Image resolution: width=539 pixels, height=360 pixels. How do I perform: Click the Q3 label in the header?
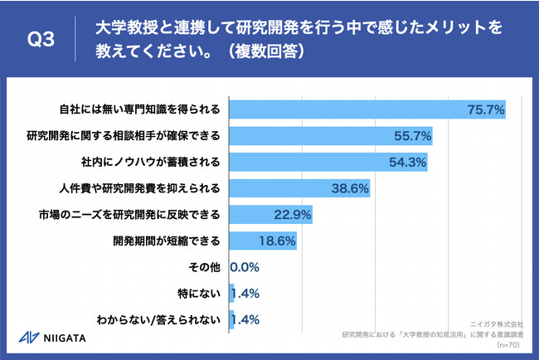pyautogui.click(x=41, y=39)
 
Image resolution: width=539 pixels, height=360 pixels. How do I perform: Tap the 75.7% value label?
pyautogui.click(x=485, y=109)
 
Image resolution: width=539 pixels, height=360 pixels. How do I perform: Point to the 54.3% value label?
pyautogui.click(x=406, y=162)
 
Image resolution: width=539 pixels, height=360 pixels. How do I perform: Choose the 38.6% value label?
pyautogui.click(x=349, y=188)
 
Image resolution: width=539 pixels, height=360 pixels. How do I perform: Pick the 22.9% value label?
pyautogui.click(x=292, y=215)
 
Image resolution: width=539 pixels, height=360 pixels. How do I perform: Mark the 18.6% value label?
pyautogui.click(x=276, y=241)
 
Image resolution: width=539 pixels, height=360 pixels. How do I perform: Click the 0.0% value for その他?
pyautogui.click(x=245, y=268)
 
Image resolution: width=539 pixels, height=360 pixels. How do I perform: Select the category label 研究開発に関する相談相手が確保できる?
pyautogui.click(x=123, y=135)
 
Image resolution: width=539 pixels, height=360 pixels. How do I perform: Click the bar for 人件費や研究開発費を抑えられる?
pyautogui.click(x=299, y=188)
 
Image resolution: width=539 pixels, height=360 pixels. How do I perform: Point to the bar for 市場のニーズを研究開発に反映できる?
pyautogui.click(x=270, y=215)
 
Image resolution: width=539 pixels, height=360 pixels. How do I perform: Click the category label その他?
pyautogui.click(x=204, y=268)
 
